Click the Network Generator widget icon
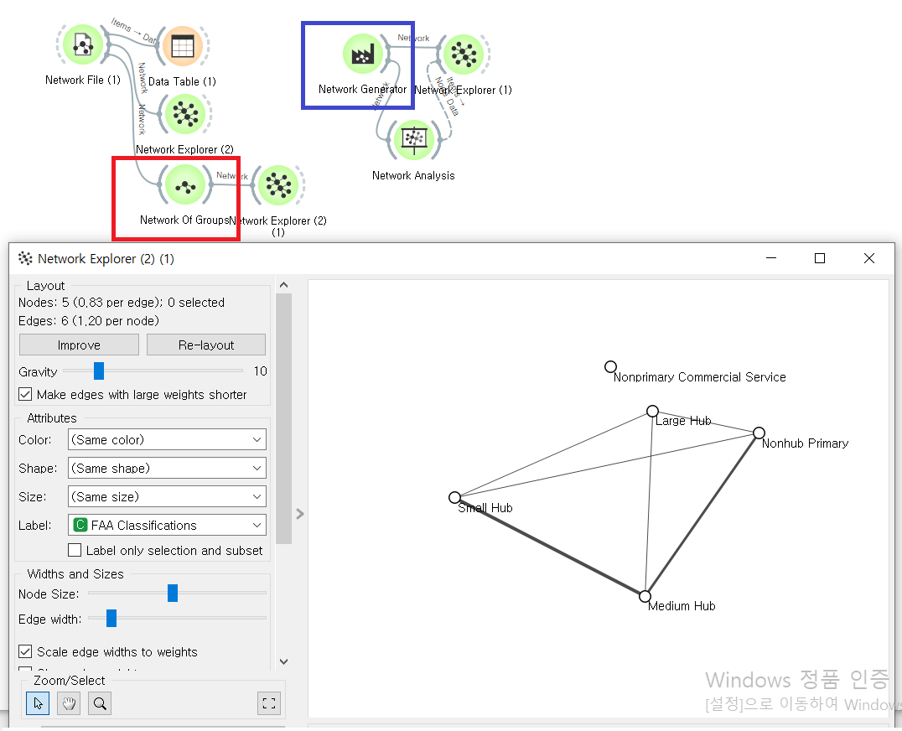[x=362, y=54]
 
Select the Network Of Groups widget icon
[x=185, y=184]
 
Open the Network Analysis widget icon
[x=412, y=140]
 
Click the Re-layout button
[x=206, y=345]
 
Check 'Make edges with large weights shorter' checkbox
[x=25, y=394]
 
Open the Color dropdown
[x=167, y=439]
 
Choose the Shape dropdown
[x=167, y=468]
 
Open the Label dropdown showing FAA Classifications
[x=167, y=525]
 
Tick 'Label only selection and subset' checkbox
[x=75, y=550]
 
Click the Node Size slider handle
[x=173, y=594]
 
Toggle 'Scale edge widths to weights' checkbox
[x=25, y=651]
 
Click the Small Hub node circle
[x=454, y=497]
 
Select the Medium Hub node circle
[x=645, y=596]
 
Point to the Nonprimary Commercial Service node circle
[x=610, y=366]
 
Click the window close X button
[x=869, y=258]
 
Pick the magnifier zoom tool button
[x=101, y=703]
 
